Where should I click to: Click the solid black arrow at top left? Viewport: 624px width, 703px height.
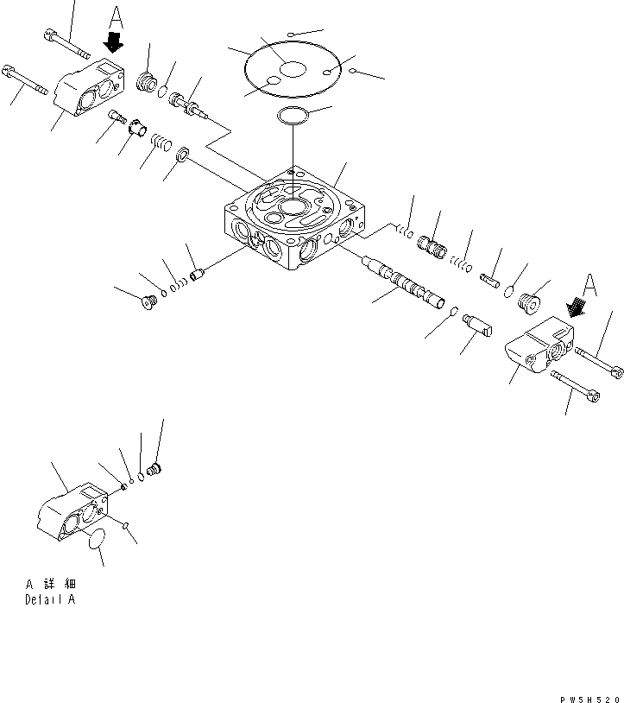point(113,40)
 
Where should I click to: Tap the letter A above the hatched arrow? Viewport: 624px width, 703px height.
point(590,282)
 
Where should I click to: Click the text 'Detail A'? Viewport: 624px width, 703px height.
point(49,599)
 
